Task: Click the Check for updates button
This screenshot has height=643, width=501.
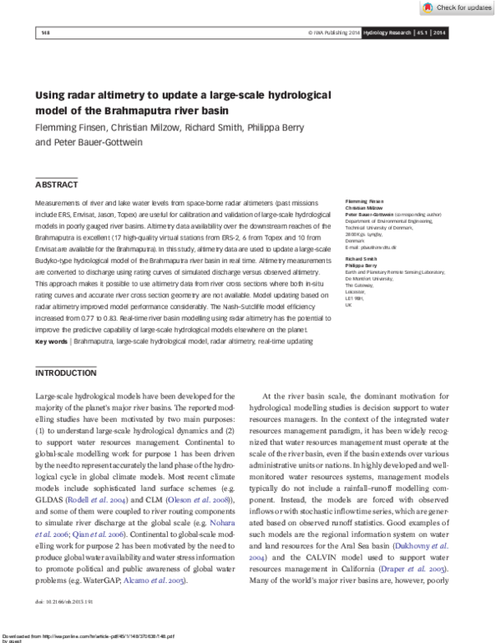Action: [458, 8]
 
